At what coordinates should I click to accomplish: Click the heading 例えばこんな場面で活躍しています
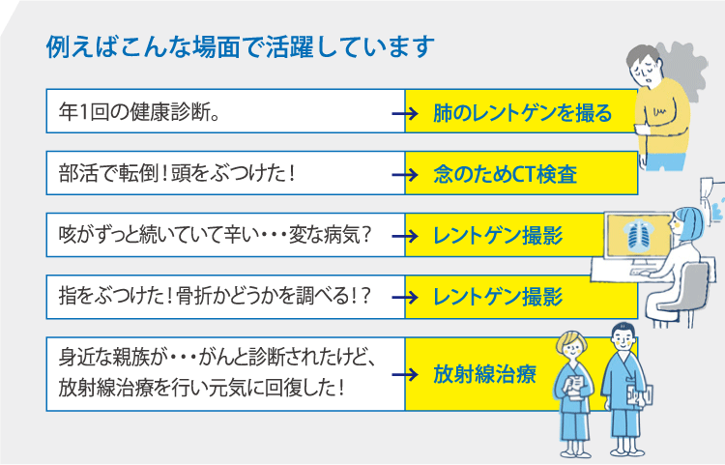[x=241, y=46]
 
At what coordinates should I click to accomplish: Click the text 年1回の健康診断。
[x=139, y=112]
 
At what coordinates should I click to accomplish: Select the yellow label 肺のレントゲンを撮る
[x=522, y=113]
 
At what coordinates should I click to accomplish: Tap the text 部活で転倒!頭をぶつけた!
[x=177, y=174]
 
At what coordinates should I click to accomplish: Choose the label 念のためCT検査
[x=505, y=174]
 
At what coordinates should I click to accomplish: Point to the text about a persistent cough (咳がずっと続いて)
[x=215, y=235]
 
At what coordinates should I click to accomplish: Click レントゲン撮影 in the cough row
[x=498, y=235]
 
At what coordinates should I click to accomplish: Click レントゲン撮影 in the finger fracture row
[x=498, y=297]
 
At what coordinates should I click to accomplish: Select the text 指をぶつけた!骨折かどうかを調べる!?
[x=215, y=297]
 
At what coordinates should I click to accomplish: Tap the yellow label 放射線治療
[x=484, y=374]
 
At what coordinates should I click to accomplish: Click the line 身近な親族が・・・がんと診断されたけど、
[x=217, y=358]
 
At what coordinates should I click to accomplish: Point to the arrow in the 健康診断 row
[x=405, y=113]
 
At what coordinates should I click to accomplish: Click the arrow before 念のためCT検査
[x=405, y=175]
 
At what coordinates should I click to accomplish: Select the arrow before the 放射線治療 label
[x=405, y=374]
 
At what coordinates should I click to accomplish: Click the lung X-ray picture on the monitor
[x=637, y=235]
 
